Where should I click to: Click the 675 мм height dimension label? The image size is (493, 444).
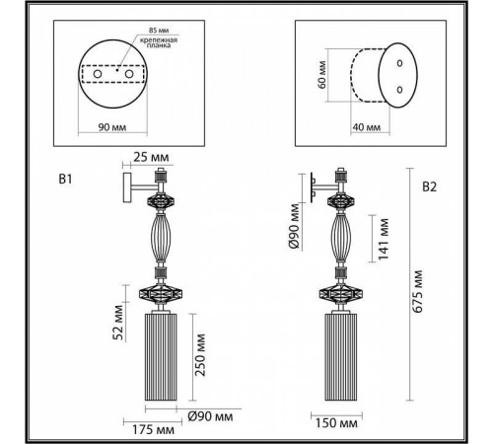[418, 291]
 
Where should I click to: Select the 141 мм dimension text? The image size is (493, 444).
[384, 239]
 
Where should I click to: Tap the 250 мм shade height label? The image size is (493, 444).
[200, 355]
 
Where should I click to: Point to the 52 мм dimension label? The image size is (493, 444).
[118, 323]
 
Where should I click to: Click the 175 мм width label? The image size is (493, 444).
[153, 429]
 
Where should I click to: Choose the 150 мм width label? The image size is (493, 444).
[336, 423]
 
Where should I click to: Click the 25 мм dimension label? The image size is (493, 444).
[151, 157]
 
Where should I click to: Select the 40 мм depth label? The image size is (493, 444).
[367, 127]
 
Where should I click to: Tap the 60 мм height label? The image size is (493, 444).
[322, 75]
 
